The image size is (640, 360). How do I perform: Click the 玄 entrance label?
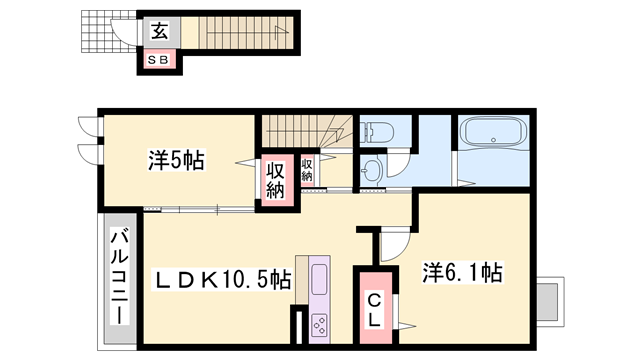[159, 31]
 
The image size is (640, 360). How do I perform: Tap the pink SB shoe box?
[159, 60]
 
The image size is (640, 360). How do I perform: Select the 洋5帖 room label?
[176, 159]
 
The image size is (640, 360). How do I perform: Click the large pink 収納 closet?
[276, 180]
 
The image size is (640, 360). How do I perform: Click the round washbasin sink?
[372, 170]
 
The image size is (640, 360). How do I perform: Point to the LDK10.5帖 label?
[222, 278]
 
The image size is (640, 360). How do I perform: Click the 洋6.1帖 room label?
[461, 272]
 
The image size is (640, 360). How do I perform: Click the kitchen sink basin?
[320, 279]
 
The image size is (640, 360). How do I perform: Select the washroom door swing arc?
[398, 171]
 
